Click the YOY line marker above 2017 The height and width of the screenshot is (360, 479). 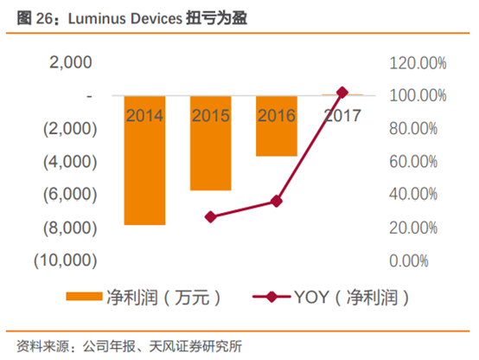(342, 93)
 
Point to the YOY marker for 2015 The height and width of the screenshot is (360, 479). (211, 216)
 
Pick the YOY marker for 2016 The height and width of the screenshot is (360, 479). (277, 201)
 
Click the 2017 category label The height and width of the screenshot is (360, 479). (342, 114)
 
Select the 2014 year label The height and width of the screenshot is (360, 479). (145, 114)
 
